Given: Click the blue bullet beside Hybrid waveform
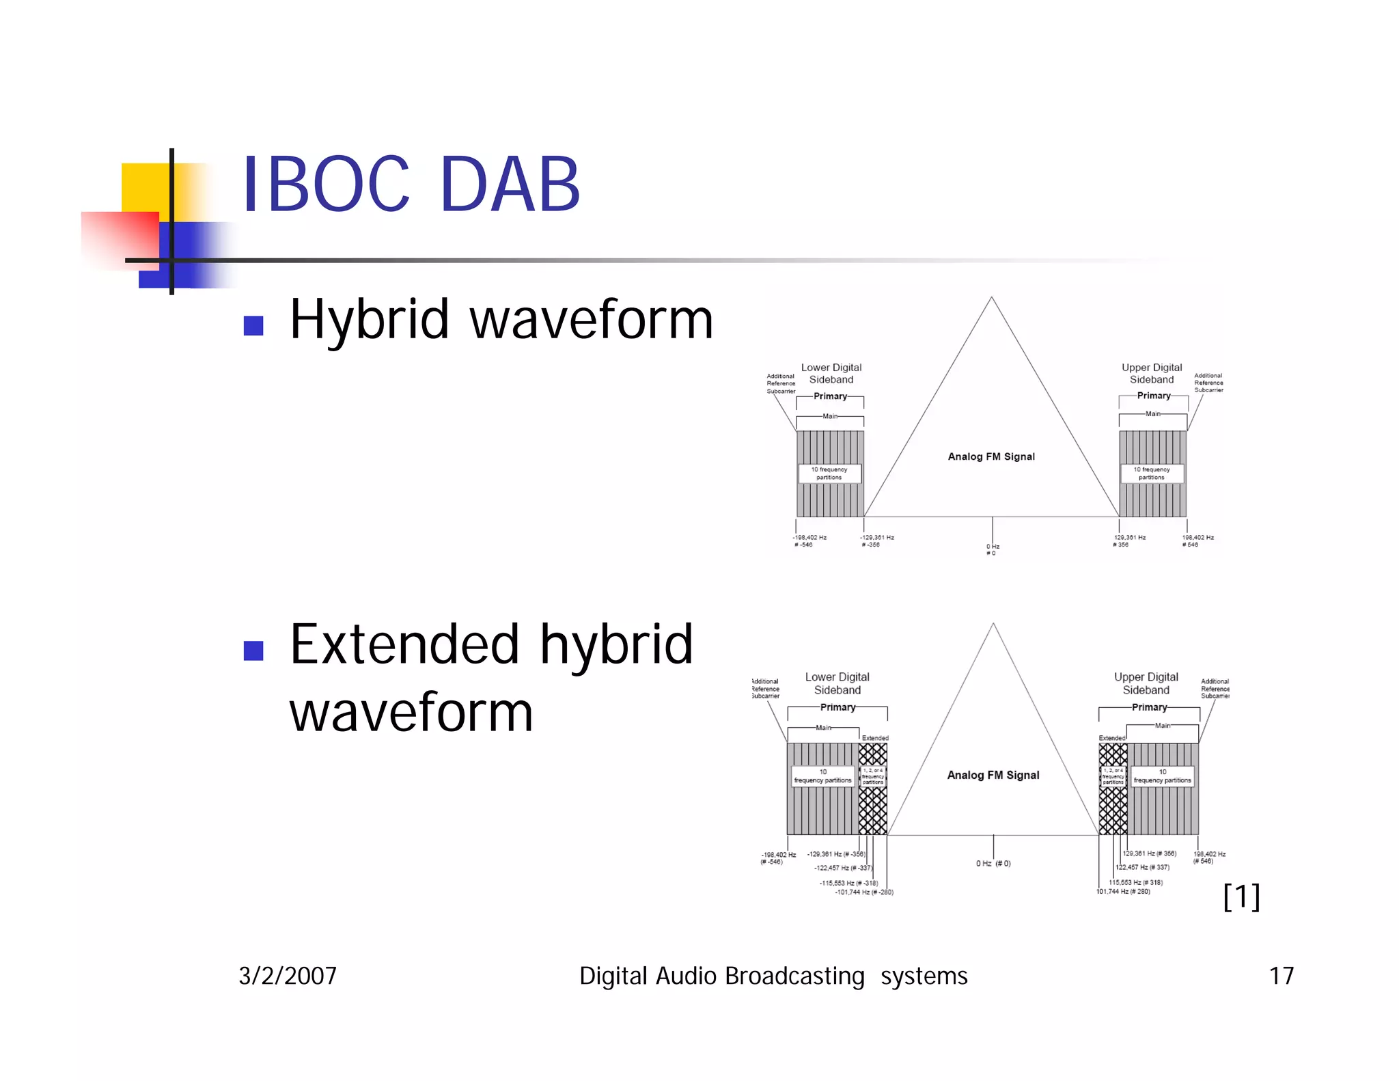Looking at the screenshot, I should point(253,326).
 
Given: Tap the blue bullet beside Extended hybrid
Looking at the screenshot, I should point(253,651).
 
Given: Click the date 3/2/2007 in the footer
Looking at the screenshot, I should point(288,976).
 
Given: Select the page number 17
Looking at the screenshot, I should point(1281,976).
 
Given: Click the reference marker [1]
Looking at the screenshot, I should point(1241,897).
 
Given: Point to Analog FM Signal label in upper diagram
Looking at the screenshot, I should point(991,456).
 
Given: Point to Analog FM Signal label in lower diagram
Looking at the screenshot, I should point(993,775).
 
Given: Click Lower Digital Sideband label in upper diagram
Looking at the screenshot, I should point(831,373).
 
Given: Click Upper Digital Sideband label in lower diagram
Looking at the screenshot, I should point(1146,683).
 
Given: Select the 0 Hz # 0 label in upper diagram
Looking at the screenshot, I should point(993,549).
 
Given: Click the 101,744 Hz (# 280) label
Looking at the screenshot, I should point(1124,892).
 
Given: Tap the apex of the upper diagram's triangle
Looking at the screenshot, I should point(991,298).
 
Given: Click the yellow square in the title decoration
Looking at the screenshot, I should point(146,186).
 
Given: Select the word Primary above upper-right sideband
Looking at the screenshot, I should point(1154,396).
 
